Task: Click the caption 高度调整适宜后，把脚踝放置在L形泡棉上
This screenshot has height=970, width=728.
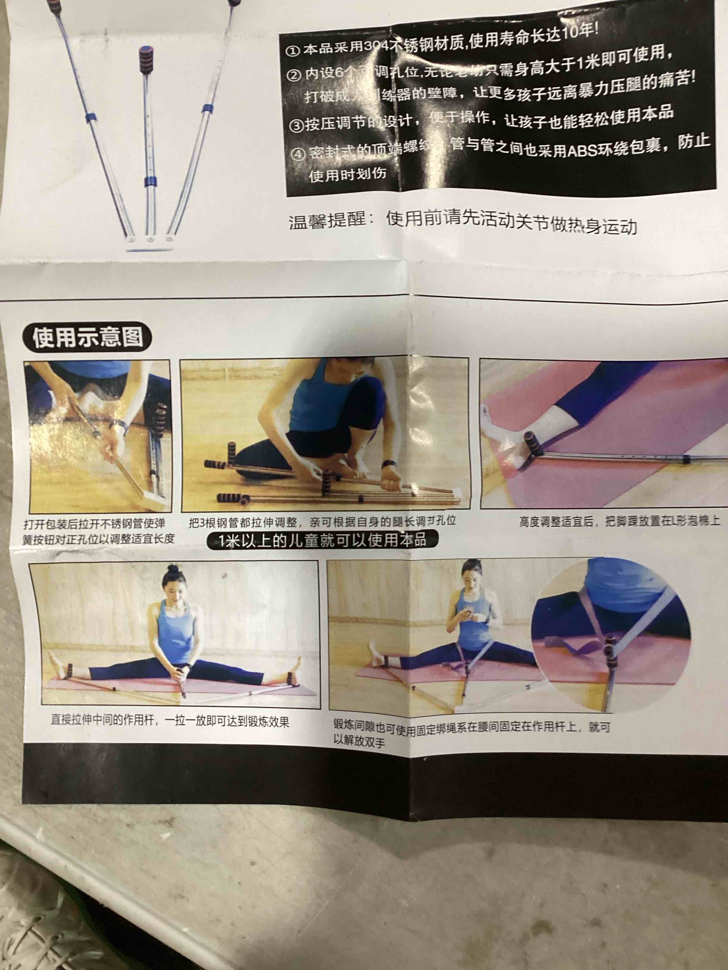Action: click(619, 521)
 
